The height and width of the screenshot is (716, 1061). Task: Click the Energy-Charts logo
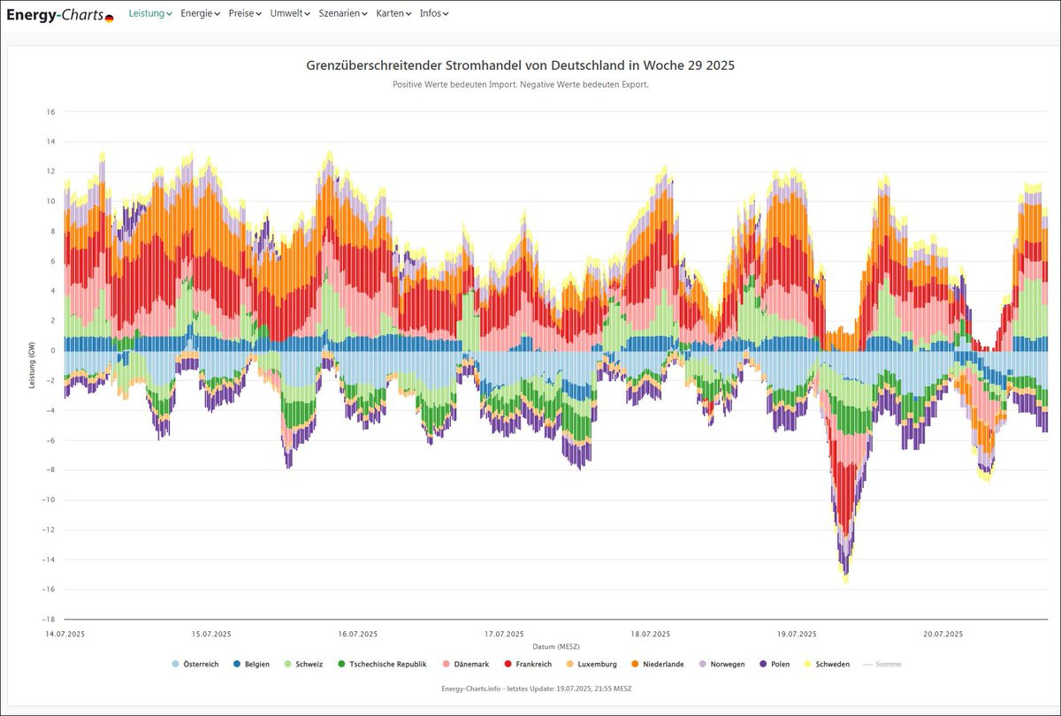(59, 14)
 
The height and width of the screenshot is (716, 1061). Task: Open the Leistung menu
(150, 13)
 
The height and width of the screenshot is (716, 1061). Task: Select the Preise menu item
(245, 13)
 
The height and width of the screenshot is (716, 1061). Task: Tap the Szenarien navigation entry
(343, 13)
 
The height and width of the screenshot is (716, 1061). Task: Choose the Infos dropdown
(434, 13)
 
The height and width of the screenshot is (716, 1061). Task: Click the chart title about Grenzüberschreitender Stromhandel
(520, 66)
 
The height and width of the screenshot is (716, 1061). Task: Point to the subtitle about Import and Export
(520, 85)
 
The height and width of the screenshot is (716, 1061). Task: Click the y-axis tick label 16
(51, 112)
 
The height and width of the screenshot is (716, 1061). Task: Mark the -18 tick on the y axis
(50, 620)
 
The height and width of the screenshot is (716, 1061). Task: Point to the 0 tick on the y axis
(53, 351)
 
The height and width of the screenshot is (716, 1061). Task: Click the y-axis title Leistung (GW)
(31, 366)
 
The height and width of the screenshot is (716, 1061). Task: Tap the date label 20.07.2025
(943, 634)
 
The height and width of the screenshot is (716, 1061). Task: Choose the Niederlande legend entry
(657, 664)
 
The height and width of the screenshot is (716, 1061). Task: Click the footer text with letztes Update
(536, 688)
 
